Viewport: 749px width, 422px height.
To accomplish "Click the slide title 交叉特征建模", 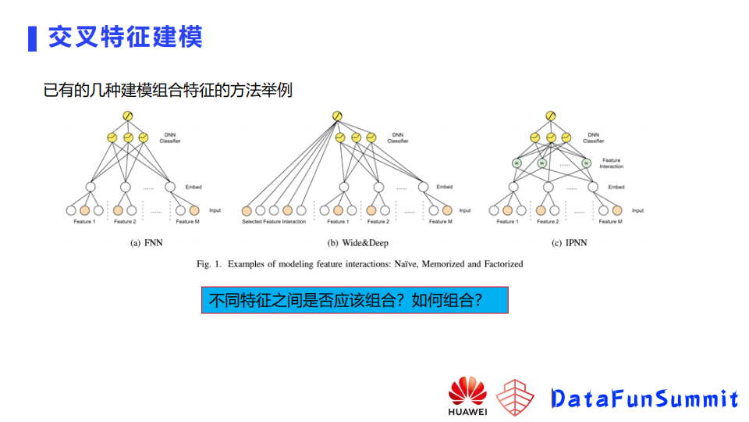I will point(126,37).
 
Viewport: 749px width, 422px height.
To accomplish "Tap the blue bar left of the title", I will point(32,38).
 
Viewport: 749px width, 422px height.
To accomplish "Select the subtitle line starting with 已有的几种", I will point(168,90).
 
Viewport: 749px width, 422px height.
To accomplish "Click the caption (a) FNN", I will point(146,243).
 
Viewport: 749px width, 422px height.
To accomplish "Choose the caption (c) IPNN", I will point(569,243).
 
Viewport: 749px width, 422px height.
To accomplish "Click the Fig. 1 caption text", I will point(360,264).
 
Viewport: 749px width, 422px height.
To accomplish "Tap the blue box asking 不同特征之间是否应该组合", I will point(354,300).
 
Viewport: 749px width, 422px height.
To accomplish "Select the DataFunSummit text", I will point(644,399).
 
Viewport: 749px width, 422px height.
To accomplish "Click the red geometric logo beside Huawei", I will point(516,396).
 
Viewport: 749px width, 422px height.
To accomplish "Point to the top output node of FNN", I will point(128,117).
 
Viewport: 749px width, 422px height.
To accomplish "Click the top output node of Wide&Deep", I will point(337,117).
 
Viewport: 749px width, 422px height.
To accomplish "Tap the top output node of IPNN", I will point(551,117).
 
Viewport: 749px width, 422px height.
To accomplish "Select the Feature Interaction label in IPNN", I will point(611,163).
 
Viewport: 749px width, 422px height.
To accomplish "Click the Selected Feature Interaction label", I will point(273,222).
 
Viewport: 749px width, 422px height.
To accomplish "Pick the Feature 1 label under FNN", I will point(84,222).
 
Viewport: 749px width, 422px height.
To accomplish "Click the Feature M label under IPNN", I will point(609,222).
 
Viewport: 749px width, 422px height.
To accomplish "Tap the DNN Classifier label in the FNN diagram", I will point(170,138).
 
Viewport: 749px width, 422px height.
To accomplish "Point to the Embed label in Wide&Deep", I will point(444,187).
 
